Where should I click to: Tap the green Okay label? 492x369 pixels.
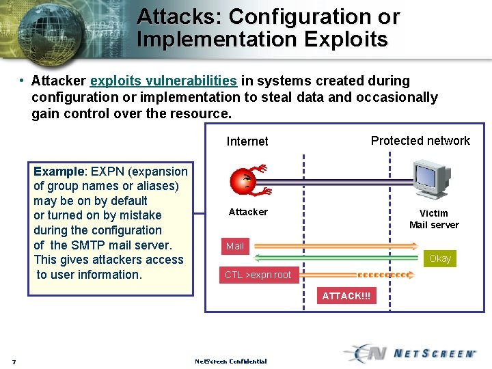440,258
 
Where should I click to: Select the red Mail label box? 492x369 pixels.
235,245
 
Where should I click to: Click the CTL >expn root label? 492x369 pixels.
258,275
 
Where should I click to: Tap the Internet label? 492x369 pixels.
247,141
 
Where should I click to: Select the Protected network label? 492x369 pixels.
420,141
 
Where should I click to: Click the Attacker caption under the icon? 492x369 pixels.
248,212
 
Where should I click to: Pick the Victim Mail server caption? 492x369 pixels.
434,219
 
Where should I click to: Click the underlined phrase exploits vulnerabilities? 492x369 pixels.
163,81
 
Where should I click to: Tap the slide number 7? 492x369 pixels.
14,361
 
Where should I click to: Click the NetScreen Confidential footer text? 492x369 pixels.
230,361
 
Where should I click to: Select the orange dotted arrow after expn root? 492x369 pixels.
387,275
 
